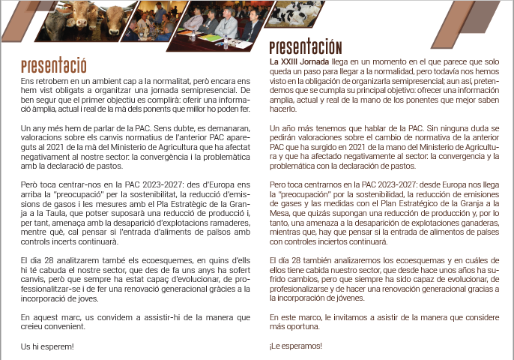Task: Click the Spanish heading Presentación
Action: pos(305,48)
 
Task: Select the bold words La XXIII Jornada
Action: pos(297,60)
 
